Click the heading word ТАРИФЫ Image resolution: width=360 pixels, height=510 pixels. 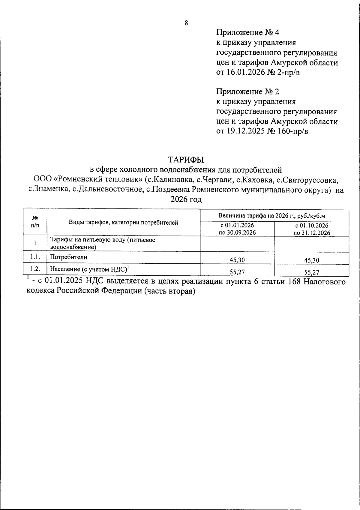186,159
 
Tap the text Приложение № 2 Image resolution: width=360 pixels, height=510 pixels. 248,91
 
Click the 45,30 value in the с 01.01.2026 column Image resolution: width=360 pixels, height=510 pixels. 237,260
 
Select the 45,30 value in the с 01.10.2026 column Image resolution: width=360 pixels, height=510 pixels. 311,260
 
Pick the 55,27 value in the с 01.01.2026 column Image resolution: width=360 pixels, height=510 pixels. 237,272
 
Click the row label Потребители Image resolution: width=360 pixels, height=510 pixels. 68,257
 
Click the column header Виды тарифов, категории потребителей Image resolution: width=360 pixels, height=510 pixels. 124,223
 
